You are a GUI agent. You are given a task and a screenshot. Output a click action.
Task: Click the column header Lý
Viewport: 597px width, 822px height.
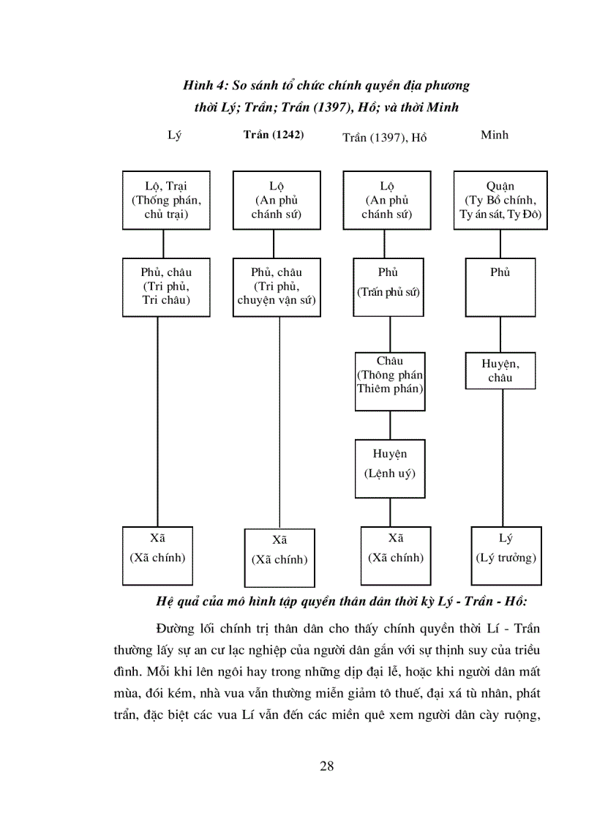coord(173,135)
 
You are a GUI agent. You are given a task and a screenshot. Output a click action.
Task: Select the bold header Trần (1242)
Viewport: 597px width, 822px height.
coord(273,135)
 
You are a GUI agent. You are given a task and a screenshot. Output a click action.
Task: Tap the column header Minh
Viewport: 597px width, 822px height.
coord(495,135)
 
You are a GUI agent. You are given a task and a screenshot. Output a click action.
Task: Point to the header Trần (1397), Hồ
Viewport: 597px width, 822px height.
coord(385,137)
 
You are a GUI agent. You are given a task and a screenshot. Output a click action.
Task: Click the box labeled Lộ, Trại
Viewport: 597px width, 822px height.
coord(165,200)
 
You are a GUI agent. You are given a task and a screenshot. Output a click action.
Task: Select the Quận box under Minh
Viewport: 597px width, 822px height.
coord(500,200)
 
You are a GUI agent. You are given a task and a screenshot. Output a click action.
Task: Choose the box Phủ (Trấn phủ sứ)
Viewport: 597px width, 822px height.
coord(388,286)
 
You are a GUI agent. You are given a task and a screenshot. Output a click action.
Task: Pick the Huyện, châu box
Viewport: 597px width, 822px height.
coord(500,370)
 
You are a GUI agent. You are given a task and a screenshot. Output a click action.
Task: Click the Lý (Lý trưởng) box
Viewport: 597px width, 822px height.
coord(506,555)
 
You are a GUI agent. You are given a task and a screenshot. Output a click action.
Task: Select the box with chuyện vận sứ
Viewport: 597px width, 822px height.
coord(277,286)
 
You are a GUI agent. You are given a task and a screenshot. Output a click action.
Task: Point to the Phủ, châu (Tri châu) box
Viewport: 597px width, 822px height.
coord(165,286)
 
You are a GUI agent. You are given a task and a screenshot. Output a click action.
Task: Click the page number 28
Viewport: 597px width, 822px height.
coord(327,766)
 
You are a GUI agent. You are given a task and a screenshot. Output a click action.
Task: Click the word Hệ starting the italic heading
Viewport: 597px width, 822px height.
coord(165,602)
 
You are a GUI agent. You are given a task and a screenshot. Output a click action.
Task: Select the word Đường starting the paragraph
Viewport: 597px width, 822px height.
coord(176,628)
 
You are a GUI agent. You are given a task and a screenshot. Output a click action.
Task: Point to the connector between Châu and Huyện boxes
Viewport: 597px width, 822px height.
coord(390,425)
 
